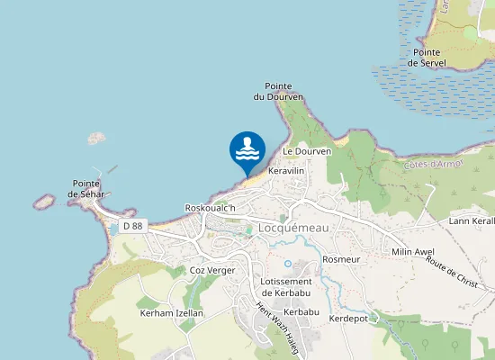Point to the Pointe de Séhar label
point(88,188)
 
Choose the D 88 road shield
point(132,227)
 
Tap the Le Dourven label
point(308,152)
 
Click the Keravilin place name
point(287,170)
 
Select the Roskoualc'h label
point(210,208)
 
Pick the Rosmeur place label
point(341,259)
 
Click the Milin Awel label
point(413,252)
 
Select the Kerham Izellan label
point(171,313)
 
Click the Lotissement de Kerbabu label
point(286,287)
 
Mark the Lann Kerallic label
point(472,220)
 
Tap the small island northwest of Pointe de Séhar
point(96,139)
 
